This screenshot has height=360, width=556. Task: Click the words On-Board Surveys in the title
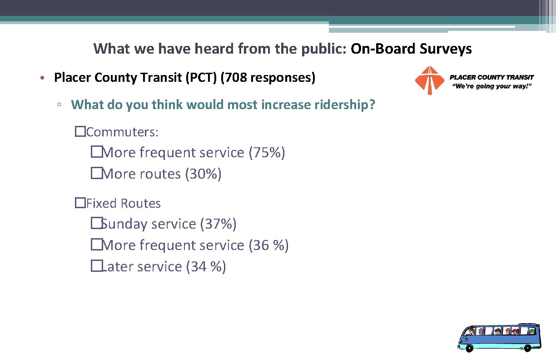coord(411,49)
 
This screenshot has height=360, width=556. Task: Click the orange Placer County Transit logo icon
coord(429,80)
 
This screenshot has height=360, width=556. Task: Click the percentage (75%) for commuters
coord(267,153)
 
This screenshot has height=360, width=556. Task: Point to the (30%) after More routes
coord(203,174)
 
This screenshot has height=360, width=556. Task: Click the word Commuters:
coord(122,132)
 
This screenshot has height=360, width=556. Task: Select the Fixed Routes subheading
coord(123,203)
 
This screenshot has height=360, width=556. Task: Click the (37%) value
coord(218,224)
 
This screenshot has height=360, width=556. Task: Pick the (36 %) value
coord(268,245)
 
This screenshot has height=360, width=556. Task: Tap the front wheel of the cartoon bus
coord(469,348)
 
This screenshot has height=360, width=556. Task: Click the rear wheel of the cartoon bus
coord(527,348)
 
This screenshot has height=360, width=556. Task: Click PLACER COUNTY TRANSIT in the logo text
coord(491,77)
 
